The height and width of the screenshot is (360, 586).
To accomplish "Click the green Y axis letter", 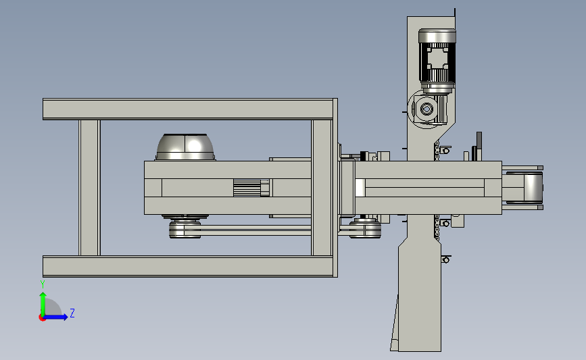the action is [43, 284].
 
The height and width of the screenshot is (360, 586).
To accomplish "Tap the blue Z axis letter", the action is [72, 313].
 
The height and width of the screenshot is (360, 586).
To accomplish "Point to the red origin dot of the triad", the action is [42, 318].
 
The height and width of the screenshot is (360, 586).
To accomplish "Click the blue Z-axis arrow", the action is [56, 317].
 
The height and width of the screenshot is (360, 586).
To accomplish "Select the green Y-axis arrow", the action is [43, 304].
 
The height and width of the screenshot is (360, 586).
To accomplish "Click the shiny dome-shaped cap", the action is [185, 147].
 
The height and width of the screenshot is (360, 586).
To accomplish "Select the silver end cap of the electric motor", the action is [437, 36].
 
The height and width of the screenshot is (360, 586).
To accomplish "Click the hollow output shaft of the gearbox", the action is [426, 109].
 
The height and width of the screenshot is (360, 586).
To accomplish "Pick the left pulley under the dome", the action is [185, 228].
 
